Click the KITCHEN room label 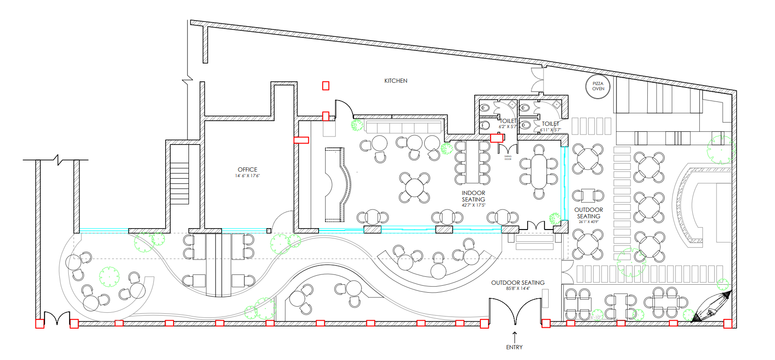pos(396,81)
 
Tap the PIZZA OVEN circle pos(598,86)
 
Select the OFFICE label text pos(247,170)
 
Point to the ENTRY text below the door pos(514,347)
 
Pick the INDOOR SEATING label pos(473,196)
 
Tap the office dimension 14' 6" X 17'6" pos(247,176)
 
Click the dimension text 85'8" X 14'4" pos(518,288)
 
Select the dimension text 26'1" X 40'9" pos(588,222)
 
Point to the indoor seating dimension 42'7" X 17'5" pos(473,205)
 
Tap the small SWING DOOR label pos(508,158)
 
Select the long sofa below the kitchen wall pos(404,127)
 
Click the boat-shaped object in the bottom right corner pos(712,306)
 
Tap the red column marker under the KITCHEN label pos(326,86)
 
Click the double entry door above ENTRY pos(515,312)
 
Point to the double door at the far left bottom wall pos(57,318)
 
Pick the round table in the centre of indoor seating pos(414,187)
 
